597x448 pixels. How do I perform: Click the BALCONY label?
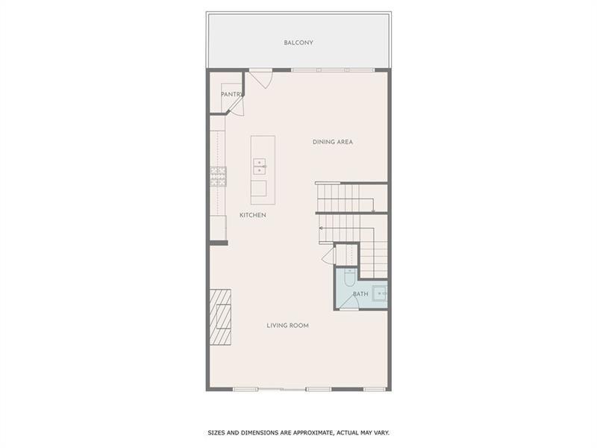(x=298, y=43)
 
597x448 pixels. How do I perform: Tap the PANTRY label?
(x=232, y=94)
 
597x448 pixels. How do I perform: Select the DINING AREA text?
(x=332, y=142)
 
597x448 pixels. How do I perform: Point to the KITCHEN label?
(x=252, y=215)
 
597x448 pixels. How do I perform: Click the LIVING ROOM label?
(x=288, y=326)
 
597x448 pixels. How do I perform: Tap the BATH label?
(x=360, y=294)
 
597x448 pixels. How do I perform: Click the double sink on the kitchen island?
(x=259, y=166)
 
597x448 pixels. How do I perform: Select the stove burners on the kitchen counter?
(x=218, y=175)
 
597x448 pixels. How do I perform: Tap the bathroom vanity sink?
(x=380, y=294)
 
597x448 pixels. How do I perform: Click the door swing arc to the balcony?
(x=261, y=79)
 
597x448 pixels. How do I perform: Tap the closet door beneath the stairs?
(x=328, y=255)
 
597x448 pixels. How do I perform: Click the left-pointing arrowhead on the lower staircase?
(x=322, y=228)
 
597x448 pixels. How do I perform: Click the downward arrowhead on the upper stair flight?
(x=372, y=211)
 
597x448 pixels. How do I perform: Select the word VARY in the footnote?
(x=381, y=432)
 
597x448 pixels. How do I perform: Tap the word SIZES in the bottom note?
(x=216, y=432)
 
